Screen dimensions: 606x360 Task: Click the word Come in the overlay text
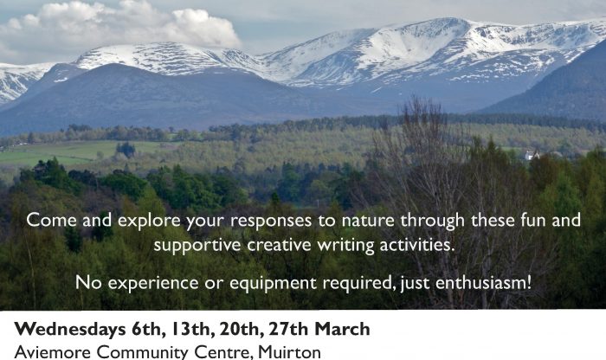tap(51, 220)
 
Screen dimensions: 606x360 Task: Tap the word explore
tap(149, 221)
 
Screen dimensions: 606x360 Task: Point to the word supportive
tap(197, 246)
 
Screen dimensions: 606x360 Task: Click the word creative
tap(279, 245)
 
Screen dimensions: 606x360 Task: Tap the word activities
tap(417, 245)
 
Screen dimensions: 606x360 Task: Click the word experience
tap(152, 284)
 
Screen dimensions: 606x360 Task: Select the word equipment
tap(273, 284)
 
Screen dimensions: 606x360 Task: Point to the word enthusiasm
tap(483, 283)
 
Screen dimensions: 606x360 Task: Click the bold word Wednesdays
tap(70, 329)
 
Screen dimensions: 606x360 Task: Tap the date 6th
tap(146, 330)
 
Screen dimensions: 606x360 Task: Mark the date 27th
tap(288, 329)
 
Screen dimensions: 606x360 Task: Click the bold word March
tap(343, 329)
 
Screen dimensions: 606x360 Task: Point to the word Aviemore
tap(53, 352)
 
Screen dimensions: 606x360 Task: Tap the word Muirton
tap(289, 352)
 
